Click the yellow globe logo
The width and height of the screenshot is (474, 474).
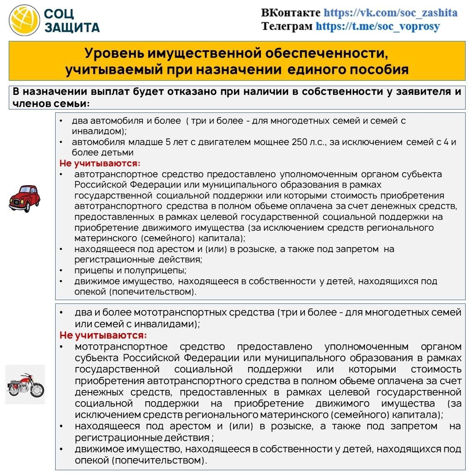25,20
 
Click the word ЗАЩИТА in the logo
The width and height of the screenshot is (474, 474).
72,28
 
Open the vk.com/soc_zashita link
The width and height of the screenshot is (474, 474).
390,13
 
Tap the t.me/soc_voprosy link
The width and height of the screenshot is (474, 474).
377,26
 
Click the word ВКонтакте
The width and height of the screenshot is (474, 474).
291,13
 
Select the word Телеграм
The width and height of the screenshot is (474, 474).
287,26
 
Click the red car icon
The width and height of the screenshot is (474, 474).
24,198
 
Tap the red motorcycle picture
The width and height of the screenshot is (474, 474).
25,385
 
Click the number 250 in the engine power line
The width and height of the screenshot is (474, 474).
300,142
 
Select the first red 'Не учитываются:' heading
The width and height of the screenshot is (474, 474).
100,163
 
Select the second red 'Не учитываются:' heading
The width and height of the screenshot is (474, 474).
103,335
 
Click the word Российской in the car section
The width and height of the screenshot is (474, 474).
104,185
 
